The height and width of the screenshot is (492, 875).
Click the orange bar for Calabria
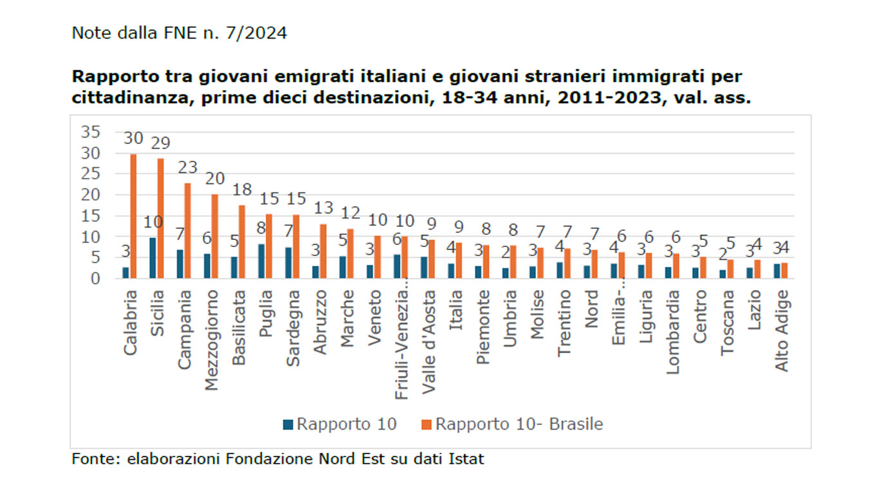133,216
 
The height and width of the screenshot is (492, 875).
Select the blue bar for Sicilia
152,258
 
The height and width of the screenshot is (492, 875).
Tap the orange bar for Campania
187,231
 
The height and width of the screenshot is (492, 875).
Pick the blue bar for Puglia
261,261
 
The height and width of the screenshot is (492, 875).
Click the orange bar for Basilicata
241,242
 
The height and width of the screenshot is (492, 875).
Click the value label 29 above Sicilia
161,143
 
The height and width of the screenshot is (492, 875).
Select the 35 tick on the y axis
90,132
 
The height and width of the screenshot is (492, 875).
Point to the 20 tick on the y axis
90,195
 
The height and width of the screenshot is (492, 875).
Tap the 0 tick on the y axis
95,278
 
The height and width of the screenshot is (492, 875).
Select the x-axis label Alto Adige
782,329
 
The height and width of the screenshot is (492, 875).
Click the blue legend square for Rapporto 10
288,424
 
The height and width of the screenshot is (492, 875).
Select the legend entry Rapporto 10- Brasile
518,424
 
